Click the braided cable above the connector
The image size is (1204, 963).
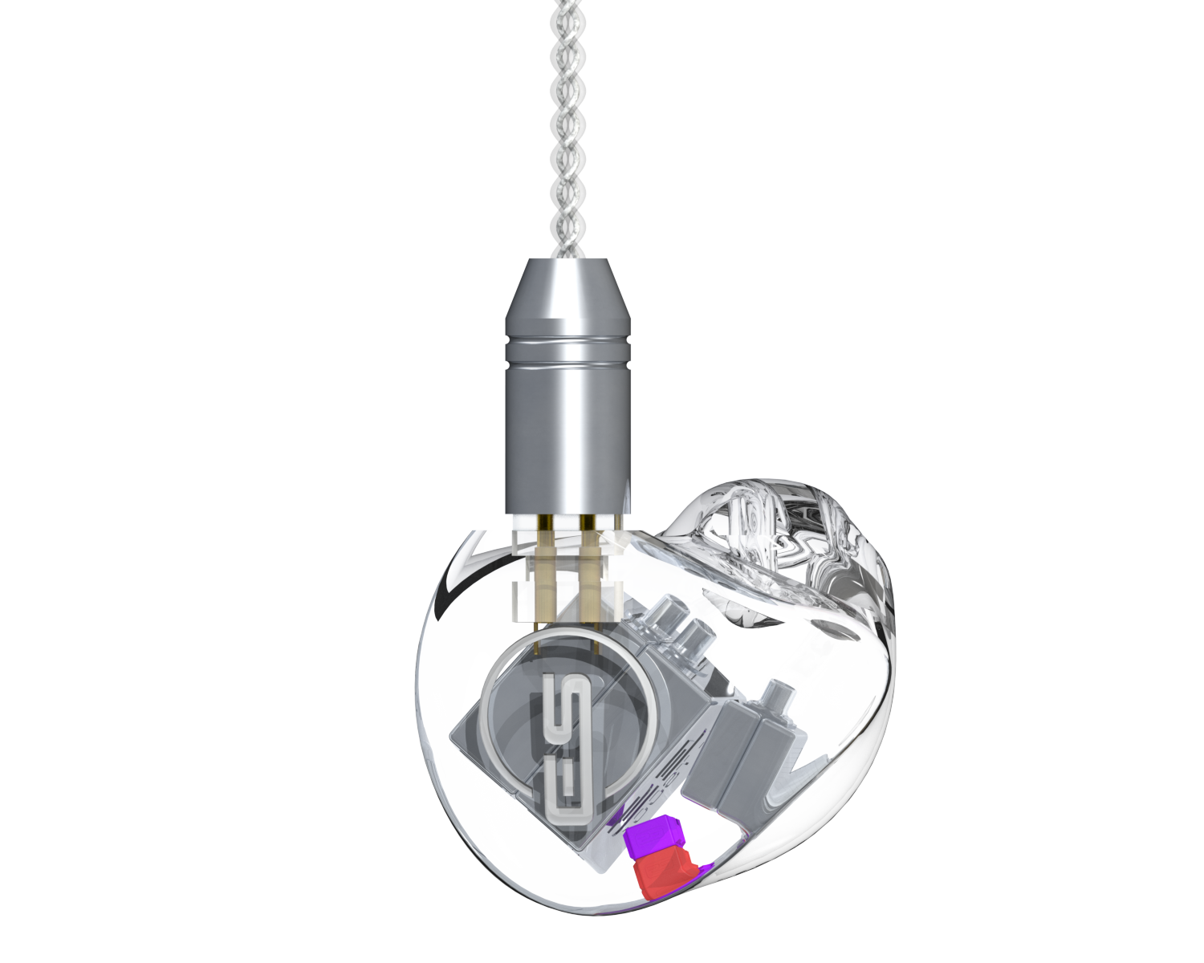coord(567,128)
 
